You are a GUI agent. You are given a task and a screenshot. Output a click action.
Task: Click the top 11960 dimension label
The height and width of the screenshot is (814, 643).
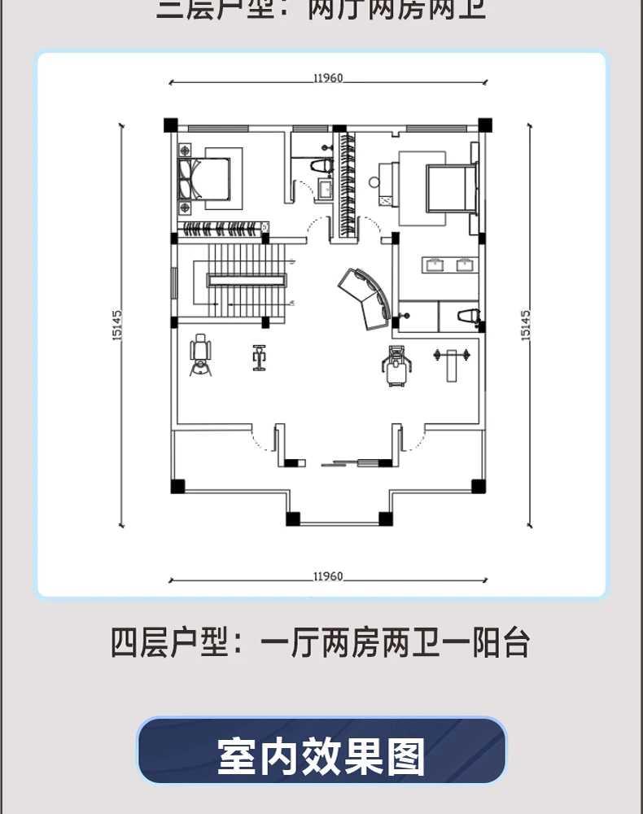point(327,79)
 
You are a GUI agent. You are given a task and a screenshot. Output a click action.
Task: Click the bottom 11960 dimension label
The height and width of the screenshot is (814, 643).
point(327,576)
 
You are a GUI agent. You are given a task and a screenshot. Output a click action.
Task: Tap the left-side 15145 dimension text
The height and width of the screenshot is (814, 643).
point(117,325)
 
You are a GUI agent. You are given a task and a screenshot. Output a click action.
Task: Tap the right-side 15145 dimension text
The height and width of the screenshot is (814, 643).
point(525,325)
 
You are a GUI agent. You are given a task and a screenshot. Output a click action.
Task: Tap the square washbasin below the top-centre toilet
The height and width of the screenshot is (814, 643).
point(325,190)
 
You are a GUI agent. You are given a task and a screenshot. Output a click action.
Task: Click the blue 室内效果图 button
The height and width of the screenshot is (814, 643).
point(321,755)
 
